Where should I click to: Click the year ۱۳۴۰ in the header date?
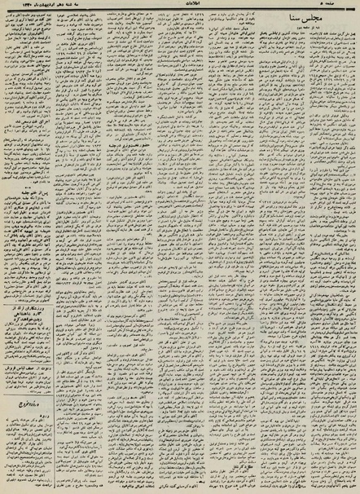click(x=11, y=7)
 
